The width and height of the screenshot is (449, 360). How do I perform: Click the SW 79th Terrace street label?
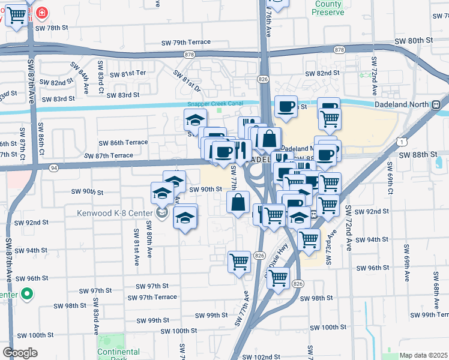(x=186, y=42)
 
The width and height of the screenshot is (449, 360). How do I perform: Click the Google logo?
(x=20, y=353)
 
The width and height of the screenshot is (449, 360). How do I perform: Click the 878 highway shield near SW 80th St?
(x=340, y=50)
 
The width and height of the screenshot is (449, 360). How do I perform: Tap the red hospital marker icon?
(x=42, y=13)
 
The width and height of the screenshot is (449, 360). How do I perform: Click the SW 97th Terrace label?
(x=158, y=297)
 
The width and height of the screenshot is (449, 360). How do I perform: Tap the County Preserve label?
(x=328, y=8)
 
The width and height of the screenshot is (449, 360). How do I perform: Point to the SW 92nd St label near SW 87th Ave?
(x=32, y=223)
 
